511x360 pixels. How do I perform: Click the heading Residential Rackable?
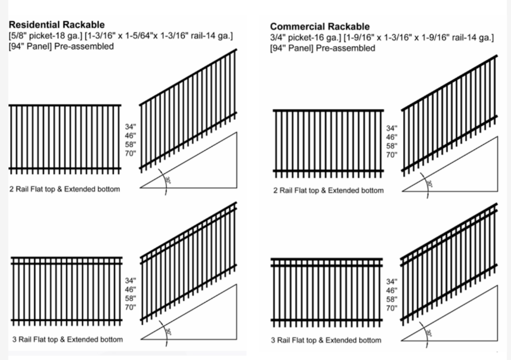pos(57,25)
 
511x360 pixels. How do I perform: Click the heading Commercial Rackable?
pos(320,27)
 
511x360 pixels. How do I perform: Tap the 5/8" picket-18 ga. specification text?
pos(46,36)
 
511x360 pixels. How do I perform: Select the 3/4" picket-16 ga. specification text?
pos(306,38)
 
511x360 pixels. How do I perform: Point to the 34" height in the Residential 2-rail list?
pos(131,127)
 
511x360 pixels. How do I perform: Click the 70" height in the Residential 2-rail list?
pos(131,153)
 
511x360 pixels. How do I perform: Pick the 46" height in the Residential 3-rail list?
pos(131,290)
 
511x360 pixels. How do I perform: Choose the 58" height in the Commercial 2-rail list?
pos(392,146)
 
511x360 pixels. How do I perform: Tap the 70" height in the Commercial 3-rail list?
pos(392,308)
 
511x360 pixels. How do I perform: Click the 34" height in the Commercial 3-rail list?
pos(392,282)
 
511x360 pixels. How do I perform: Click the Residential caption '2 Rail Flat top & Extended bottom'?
pos(64,190)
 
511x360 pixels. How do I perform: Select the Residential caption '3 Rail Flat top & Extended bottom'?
pos(67,340)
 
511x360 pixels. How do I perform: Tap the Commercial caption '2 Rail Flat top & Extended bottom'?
pos(329,191)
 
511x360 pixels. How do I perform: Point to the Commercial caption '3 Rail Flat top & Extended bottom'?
pos(326,340)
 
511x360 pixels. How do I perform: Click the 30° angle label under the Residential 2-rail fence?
pos(168,180)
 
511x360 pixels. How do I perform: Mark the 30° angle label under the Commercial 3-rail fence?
pos(429,333)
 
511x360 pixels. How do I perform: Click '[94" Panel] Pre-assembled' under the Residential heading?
pos(61,46)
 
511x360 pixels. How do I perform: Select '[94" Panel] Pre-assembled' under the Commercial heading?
pos(323,48)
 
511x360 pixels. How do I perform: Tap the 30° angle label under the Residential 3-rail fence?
pos(168,332)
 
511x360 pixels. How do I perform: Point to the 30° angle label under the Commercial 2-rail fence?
pos(429,184)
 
